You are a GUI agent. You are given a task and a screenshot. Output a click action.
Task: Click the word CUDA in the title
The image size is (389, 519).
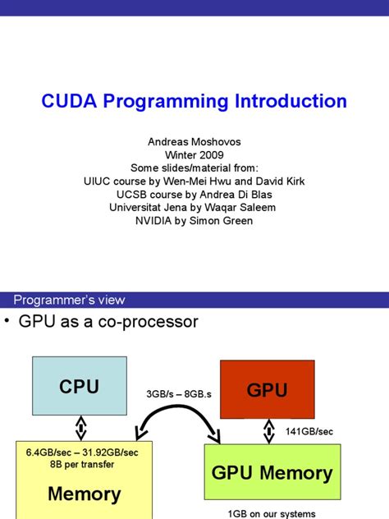coord(70,102)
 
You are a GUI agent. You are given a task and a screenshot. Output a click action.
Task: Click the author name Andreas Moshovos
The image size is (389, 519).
coord(194,142)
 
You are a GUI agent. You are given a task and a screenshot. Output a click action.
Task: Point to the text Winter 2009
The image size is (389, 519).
coord(194,155)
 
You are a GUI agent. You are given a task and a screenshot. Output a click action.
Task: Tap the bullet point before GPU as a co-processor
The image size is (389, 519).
coord(7,322)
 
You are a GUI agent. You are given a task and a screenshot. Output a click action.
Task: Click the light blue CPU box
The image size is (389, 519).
coord(80,386)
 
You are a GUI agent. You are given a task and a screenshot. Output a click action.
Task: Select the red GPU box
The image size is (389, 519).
coord(268,390)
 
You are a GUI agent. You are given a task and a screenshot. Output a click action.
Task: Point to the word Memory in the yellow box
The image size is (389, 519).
coord(84,494)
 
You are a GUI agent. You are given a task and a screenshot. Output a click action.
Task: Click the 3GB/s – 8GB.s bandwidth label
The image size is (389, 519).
coord(178,394)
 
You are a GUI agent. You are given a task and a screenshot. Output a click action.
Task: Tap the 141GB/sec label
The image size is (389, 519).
coord(309,430)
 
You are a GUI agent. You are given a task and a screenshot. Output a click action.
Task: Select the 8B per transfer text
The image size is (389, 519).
coord(81,463)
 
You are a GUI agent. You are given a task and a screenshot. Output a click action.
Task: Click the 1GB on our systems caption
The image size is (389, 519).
coord(271,513)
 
